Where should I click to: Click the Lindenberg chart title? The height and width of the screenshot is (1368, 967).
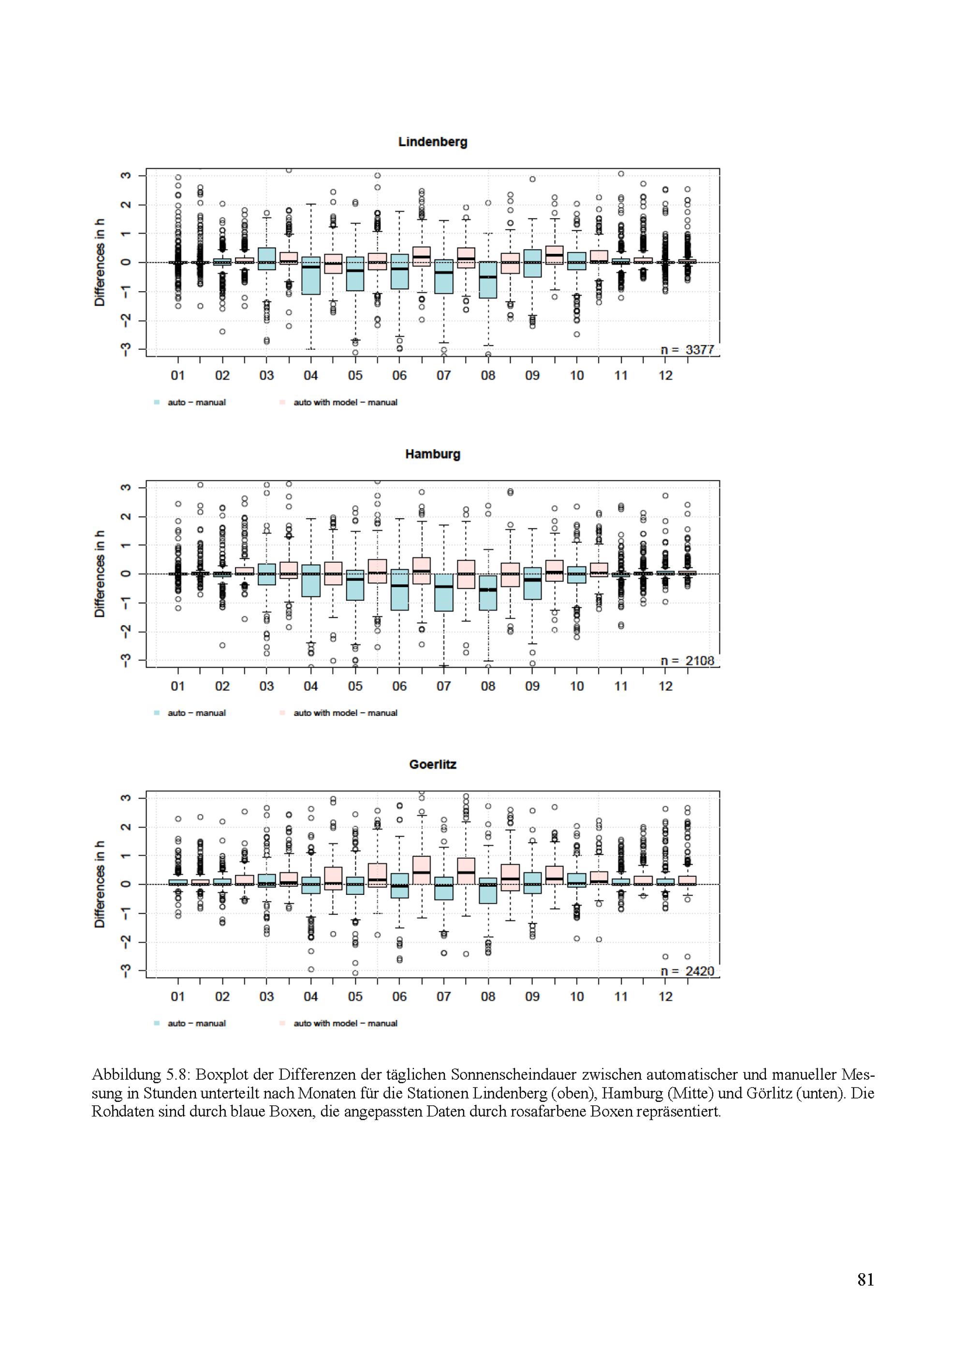[x=433, y=142]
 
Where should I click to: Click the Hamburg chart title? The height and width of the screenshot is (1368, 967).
[x=433, y=454]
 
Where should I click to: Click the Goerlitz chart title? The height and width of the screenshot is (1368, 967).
[x=433, y=764]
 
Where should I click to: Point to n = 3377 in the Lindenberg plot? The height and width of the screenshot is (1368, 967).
[x=687, y=350]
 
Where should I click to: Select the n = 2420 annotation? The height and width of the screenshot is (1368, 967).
[x=687, y=971]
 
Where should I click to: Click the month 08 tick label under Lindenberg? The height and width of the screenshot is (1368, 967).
[x=488, y=375]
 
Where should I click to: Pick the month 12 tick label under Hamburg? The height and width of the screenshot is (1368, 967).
[x=665, y=686]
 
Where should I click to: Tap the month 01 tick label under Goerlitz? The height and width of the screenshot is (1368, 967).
[x=177, y=997]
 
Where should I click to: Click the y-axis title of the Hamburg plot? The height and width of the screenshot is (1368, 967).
[x=100, y=574]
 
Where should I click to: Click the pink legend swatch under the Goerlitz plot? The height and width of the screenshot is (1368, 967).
[x=282, y=1024]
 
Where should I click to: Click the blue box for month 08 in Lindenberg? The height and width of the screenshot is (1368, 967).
[x=488, y=280]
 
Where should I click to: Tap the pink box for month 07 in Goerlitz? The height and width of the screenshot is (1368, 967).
[x=422, y=871]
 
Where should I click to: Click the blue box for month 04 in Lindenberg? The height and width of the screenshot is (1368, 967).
[x=311, y=276]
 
